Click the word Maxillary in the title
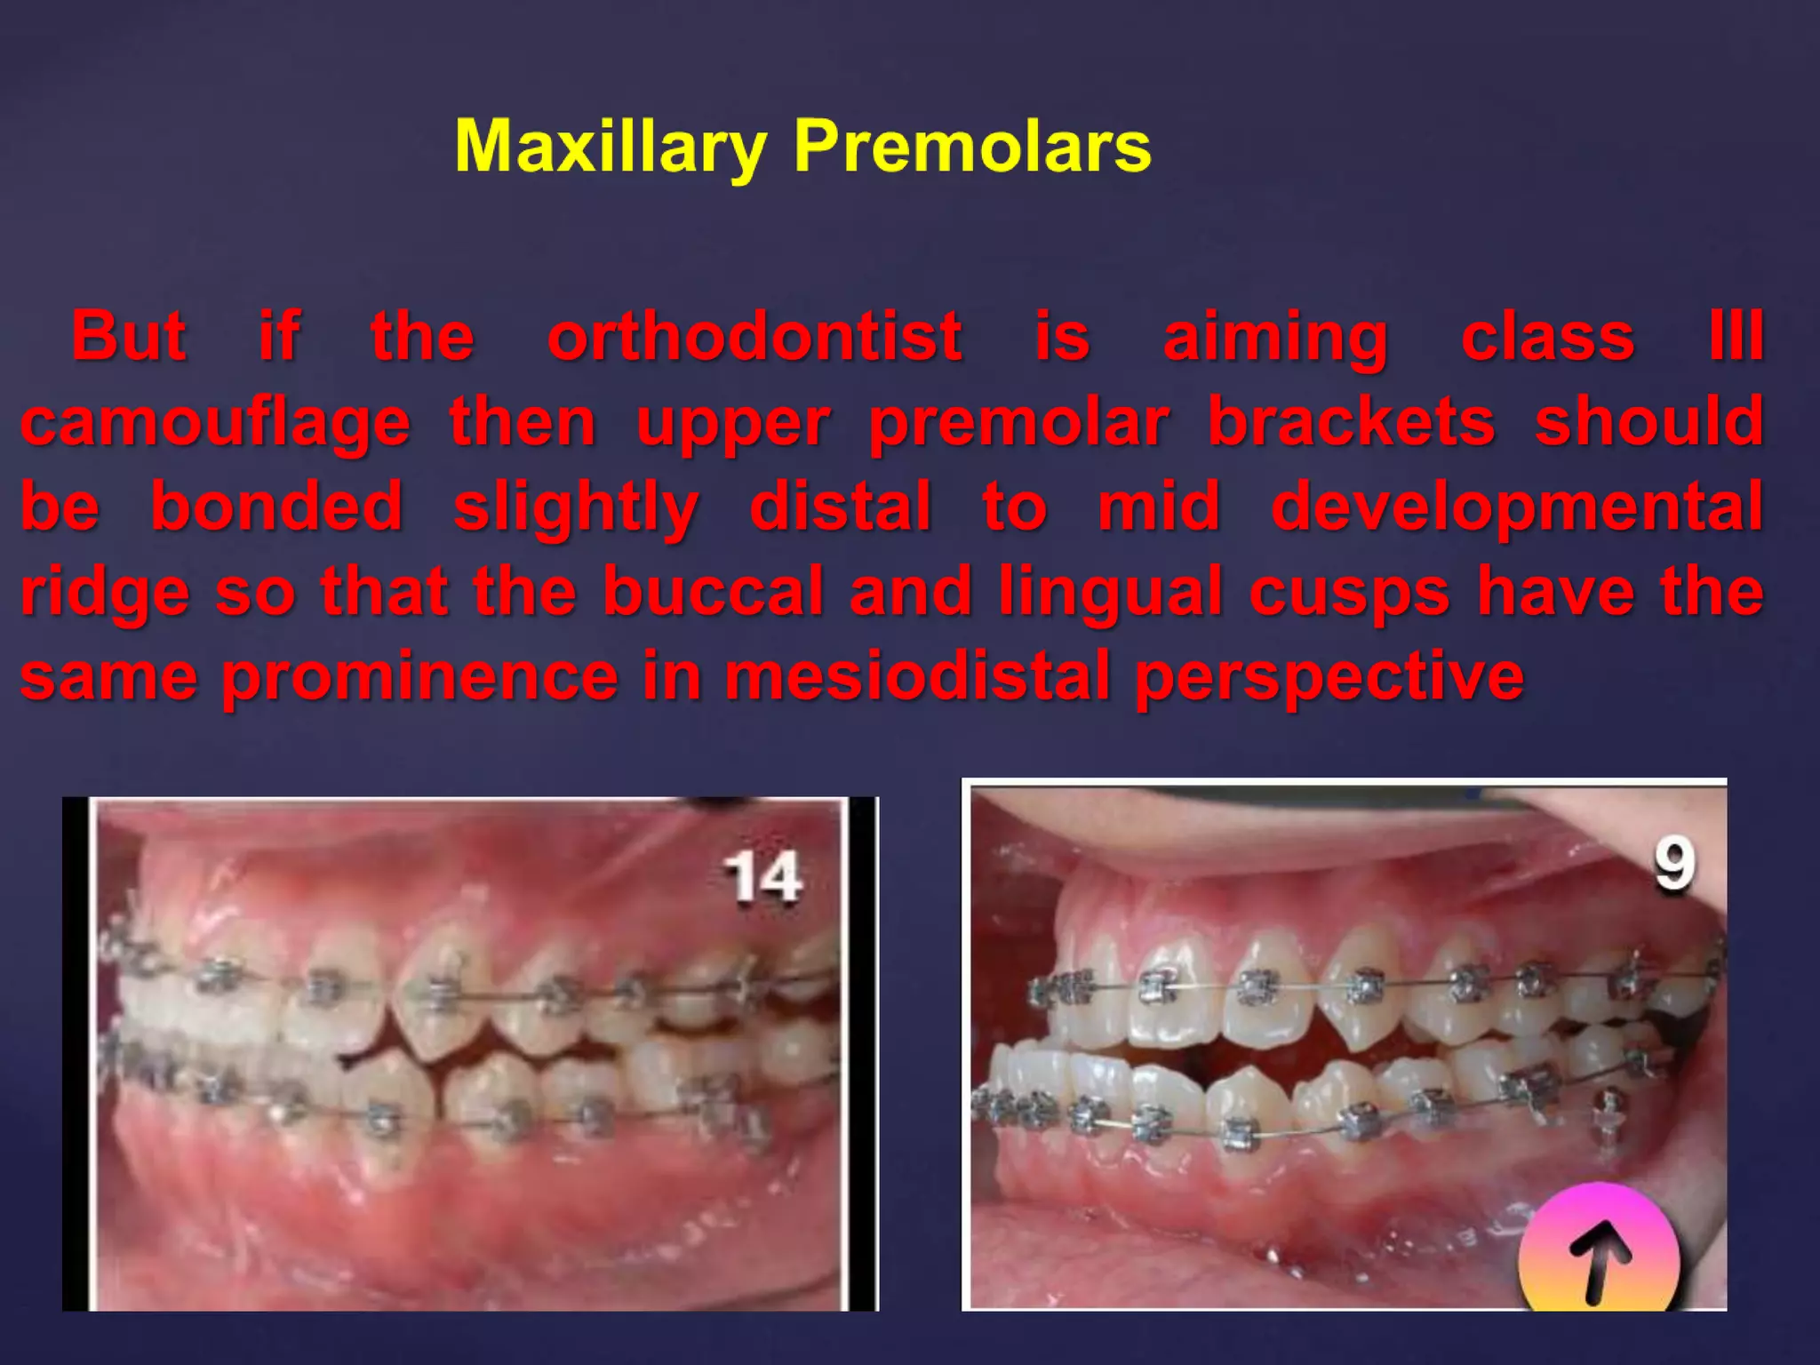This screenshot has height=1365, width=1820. [610, 148]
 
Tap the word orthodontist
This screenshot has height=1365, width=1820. [754, 337]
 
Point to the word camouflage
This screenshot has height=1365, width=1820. [216, 424]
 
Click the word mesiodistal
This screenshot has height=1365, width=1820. [918, 676]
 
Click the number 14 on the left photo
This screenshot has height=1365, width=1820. [762, 878]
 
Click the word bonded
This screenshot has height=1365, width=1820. [276, 507]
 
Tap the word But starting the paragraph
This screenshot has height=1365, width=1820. [129, 337]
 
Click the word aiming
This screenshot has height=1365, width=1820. [1275, 339]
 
